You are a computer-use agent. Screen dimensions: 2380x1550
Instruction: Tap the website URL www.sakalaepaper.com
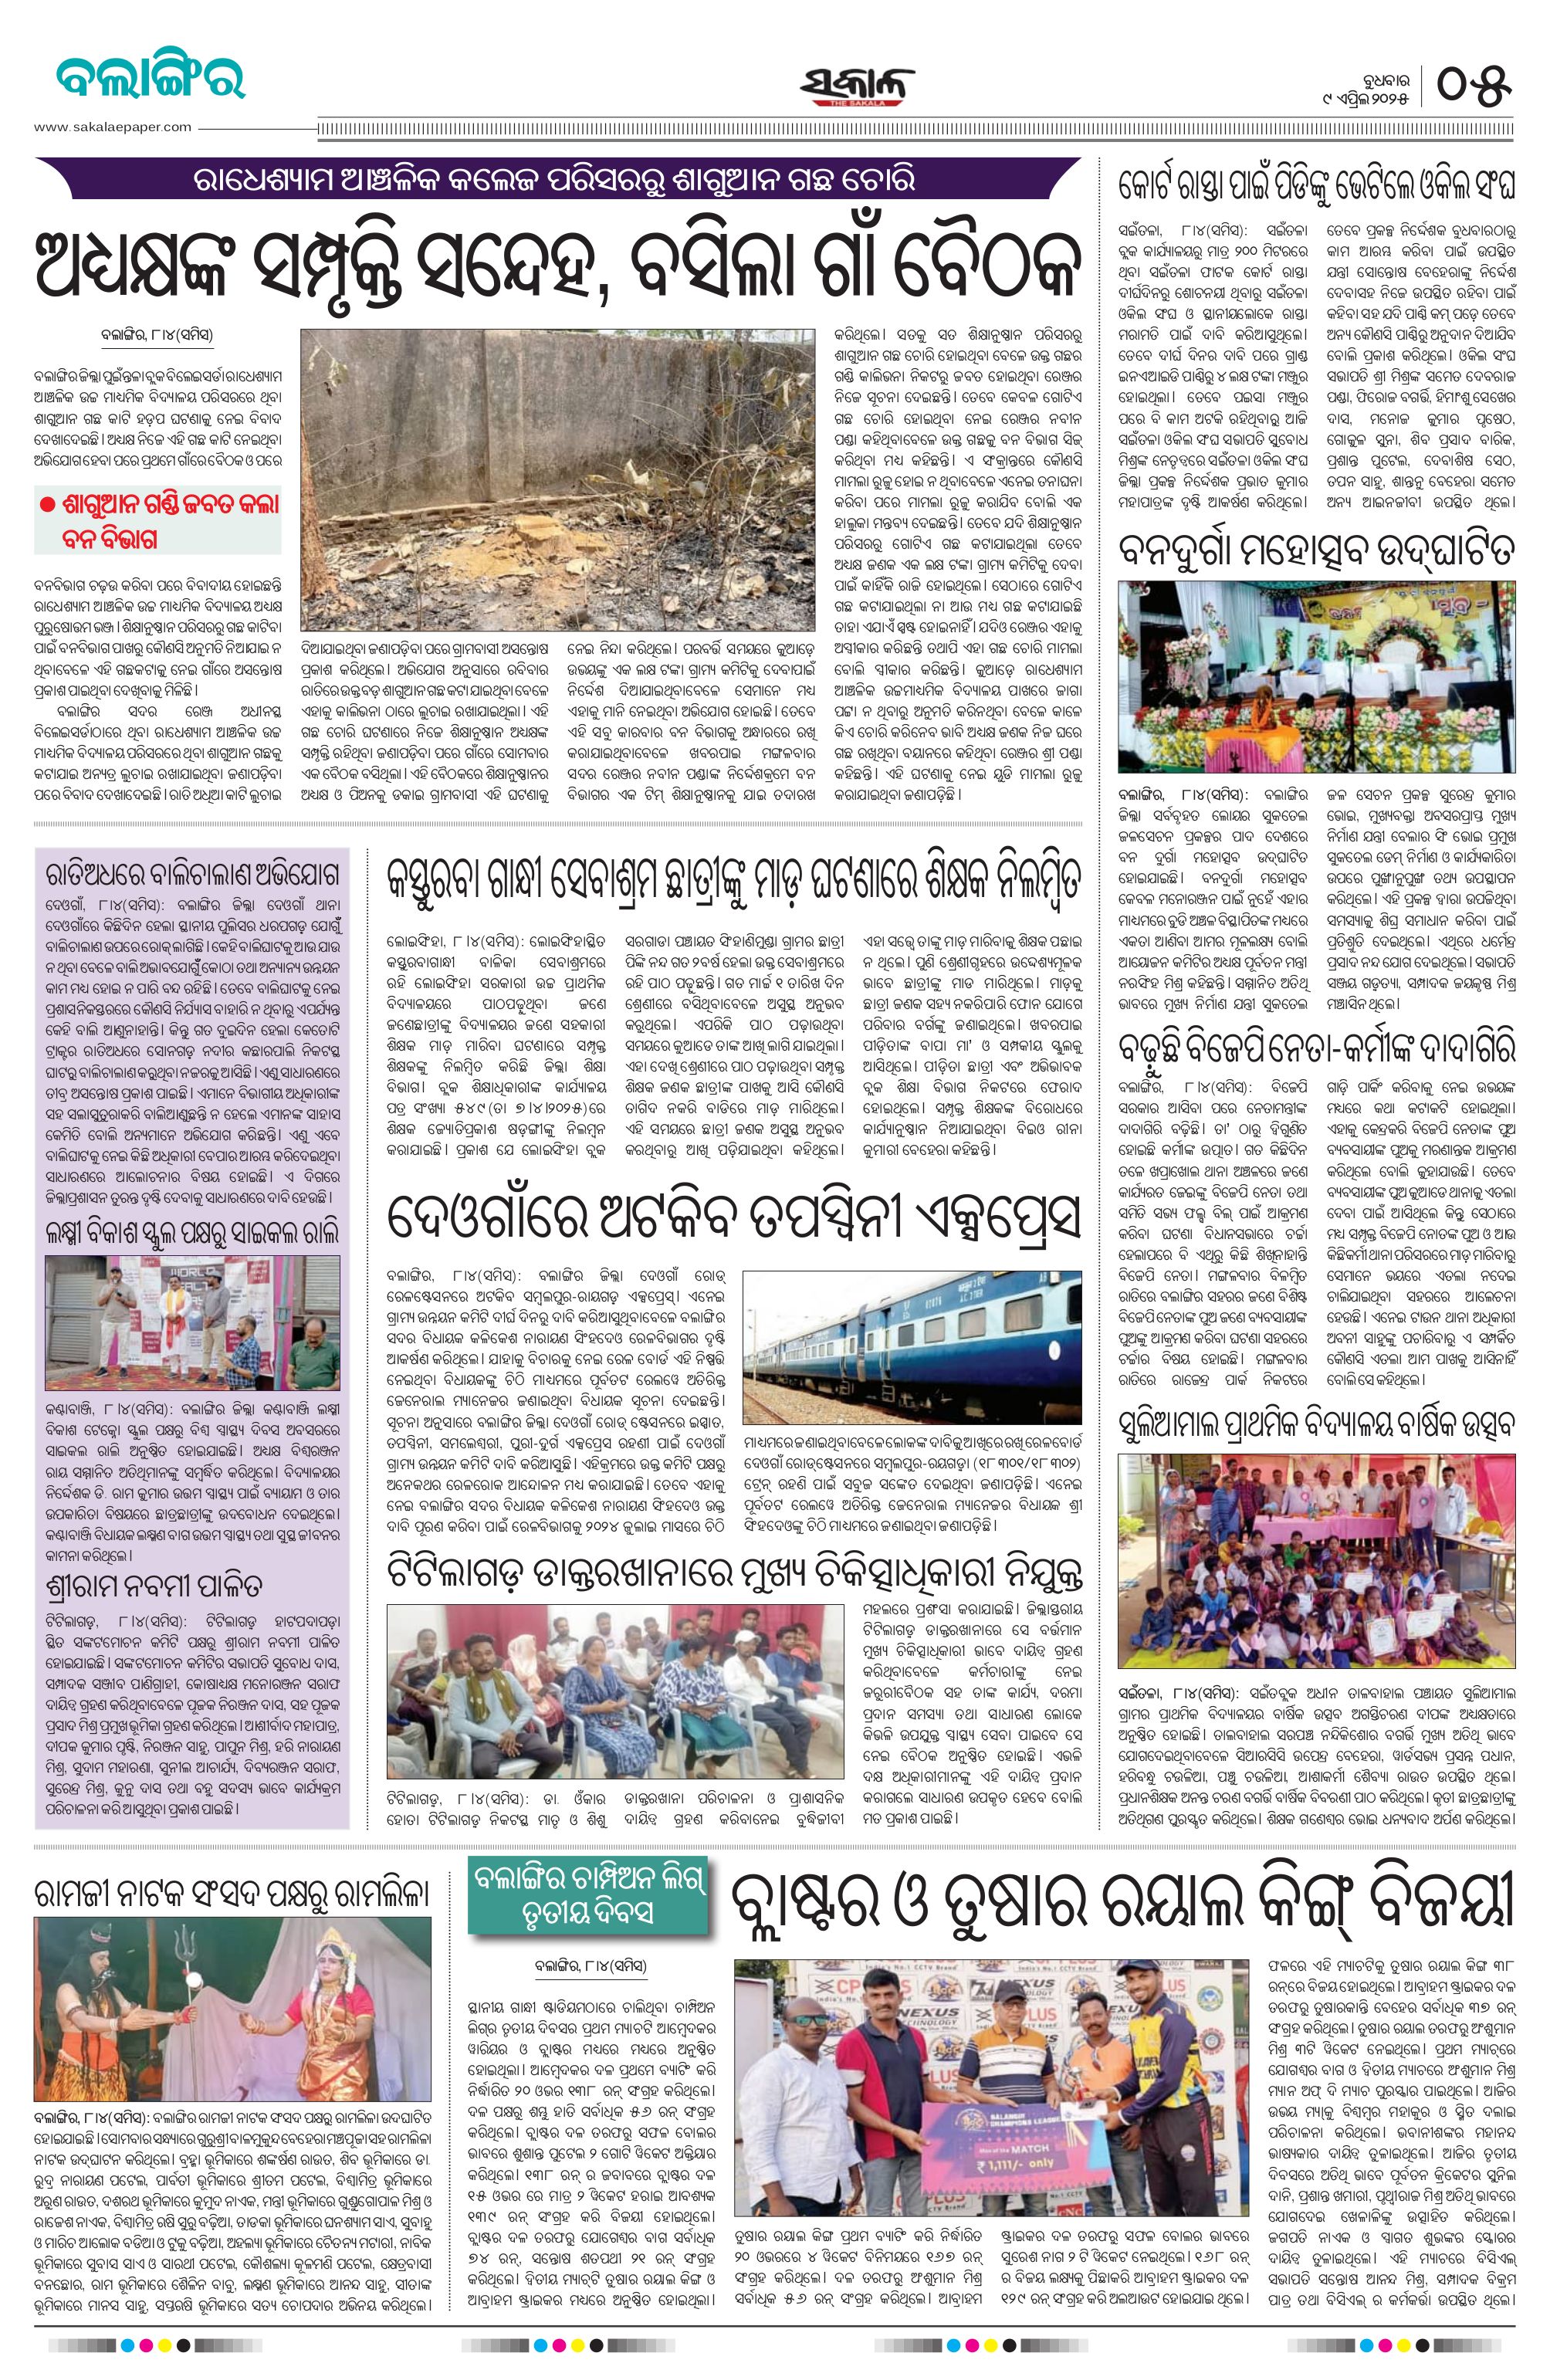coord(112,127)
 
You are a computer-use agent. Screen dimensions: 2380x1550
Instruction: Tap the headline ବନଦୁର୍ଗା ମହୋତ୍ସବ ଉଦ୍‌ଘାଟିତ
coord(1316,552)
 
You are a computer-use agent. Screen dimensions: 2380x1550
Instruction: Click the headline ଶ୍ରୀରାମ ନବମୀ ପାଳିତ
coord(155,1588)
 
